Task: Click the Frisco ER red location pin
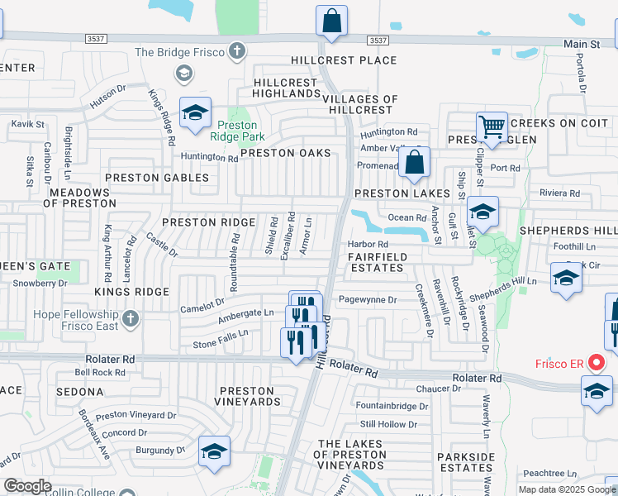(x=595, y=362)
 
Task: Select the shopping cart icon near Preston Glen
(x=492, y=128)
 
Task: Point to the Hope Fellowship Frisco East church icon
(x=129, y=318)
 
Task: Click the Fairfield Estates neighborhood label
(x=376, y=262)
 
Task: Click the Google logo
(x=28, y=487)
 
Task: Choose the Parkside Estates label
(x=465, y=462)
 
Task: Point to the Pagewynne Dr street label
(x=368, y=299)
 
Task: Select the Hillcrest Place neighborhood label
(x=343, y=60)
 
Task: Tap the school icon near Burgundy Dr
(x=214, y=451)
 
